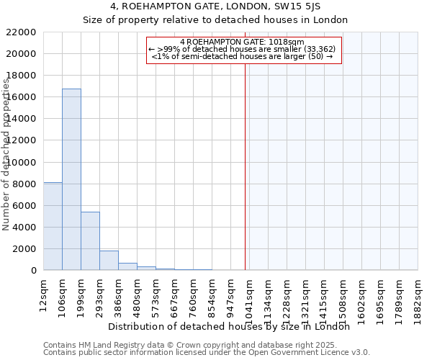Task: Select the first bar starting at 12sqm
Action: point(53,226)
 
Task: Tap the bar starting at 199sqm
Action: point(90,241)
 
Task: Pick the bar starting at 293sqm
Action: point(109,261)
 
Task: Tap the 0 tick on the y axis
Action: point(33,271)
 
